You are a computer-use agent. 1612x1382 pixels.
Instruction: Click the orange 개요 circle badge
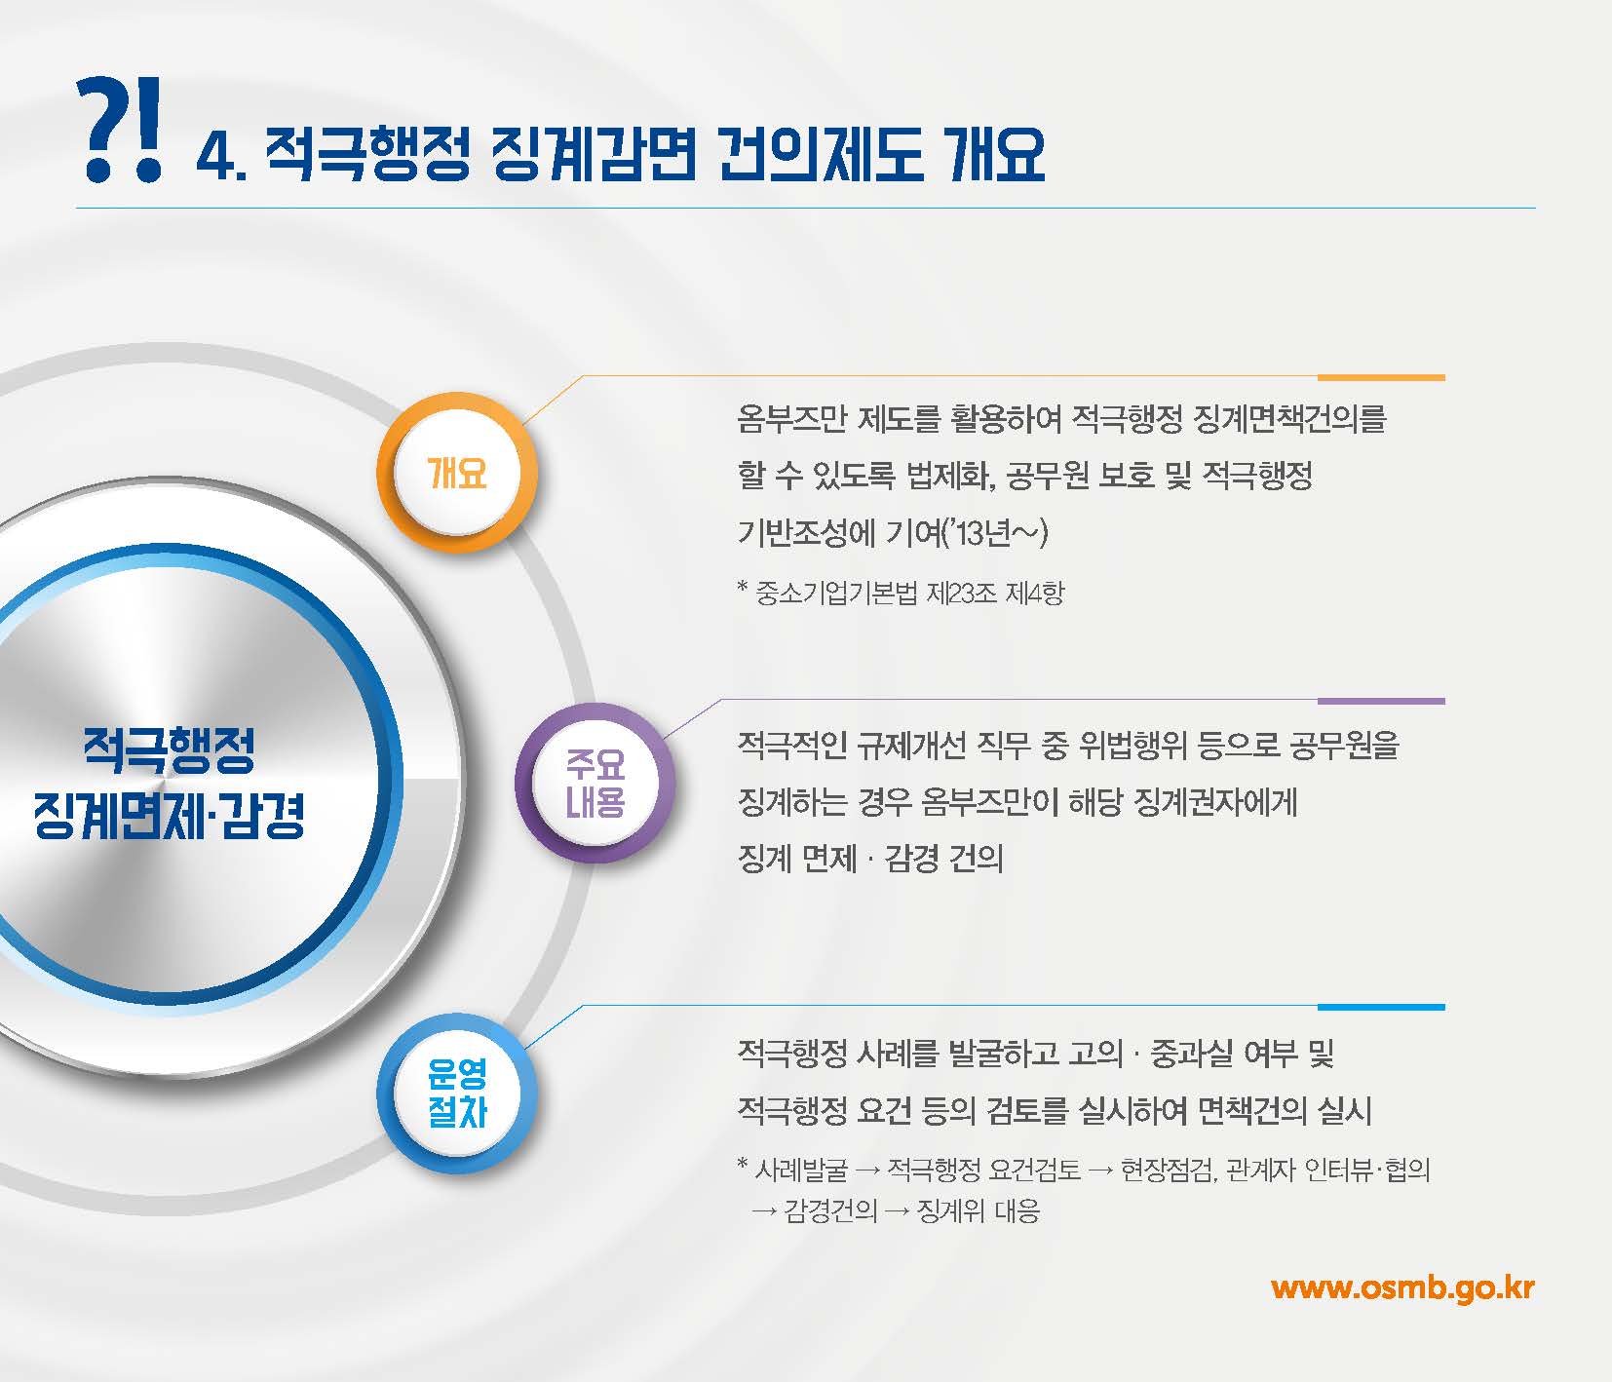coord(457,474)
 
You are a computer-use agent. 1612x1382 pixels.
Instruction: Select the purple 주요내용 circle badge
coord(595,784)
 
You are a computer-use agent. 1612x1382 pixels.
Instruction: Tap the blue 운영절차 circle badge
coord(457,1094)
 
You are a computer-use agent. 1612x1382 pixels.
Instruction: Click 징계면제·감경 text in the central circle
coord(169,815)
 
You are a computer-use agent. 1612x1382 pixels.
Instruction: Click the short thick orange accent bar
coord(1380,377)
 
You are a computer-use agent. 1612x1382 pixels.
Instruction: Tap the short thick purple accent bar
coord(1380,701)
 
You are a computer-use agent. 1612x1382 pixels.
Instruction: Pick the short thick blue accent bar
coord(1380,1007)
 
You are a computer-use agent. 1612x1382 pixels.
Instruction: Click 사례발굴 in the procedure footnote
coord(801,1170)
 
